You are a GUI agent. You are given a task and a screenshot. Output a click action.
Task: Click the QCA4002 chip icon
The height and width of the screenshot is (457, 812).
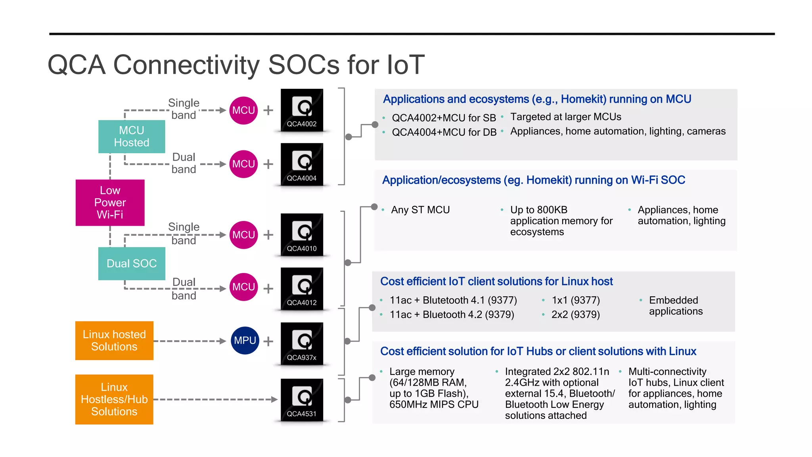(x=302, y=110)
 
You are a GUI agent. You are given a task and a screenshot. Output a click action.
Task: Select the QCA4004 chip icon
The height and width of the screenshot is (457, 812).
(x=302, y=164)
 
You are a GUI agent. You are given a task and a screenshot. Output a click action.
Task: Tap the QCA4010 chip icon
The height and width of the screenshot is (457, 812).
(x=302, y=234)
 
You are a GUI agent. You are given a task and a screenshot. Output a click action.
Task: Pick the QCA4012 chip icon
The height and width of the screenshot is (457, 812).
(x=302, y=288)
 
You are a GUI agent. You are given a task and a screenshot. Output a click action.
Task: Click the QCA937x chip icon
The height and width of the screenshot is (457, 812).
(x=302, y=344)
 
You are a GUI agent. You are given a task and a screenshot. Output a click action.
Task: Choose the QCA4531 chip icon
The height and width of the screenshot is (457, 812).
(x=302, y=399)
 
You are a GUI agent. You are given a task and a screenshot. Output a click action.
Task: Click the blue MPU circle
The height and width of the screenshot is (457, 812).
(x=245, y=340)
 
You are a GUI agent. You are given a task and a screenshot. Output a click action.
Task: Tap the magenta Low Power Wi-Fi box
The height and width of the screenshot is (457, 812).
(x=110, y=203)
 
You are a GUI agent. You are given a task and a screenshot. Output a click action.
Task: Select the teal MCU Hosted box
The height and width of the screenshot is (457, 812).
(x=132, y=136)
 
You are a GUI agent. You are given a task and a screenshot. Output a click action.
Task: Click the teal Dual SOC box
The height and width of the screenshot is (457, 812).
(x=132, y=263)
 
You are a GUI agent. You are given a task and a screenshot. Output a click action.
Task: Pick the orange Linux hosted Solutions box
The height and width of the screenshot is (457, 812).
(x=114, y=340)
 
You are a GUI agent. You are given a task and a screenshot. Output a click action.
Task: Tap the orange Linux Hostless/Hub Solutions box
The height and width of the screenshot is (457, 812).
(x=114, y=399)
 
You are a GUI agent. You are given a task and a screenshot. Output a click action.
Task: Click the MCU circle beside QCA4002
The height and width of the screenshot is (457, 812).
(x=243, y=110)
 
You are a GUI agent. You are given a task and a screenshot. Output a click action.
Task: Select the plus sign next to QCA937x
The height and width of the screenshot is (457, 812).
(x=268, y=341)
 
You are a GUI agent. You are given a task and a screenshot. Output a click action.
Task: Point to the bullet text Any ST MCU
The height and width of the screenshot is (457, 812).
(x=420, y=210)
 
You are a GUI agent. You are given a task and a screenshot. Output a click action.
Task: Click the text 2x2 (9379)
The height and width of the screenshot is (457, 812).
(x=575, y=315)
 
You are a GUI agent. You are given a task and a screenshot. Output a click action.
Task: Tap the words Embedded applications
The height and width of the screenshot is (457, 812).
(x=676, y=306)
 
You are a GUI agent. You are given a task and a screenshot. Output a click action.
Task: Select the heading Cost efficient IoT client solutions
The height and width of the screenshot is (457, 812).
(x=496, y=282)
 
